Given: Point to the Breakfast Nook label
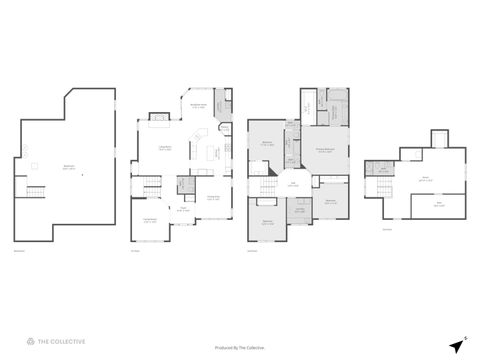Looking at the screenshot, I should pyautogui.click(x=198, y=106).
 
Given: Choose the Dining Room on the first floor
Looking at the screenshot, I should pyautogui.click(x=213, y=197).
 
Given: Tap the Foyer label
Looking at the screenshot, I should pyautogui.click(x=183, y=210).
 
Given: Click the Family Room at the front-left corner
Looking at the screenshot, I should pyautogui.click(x=149, y=220).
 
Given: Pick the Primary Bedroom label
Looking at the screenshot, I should pyautogui.click(x=326, y=151).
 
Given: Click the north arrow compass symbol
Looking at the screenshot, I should pyautogui.click(x=456, y=344).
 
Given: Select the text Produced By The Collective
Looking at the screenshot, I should pyautogui.click(x=240, y=347).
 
